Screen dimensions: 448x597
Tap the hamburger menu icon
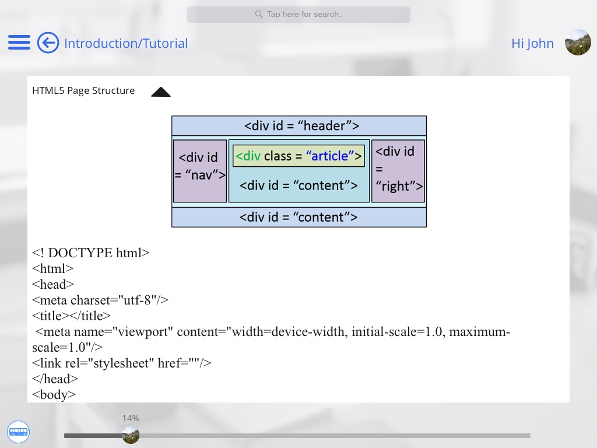click(x=19, y=43)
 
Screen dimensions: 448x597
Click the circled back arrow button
click(x=48, y=43)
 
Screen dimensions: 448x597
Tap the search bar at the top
click(x=298, y=14)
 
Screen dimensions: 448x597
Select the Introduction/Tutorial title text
click(x=126, y=43)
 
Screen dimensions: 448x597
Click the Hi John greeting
click(x=532, y=43)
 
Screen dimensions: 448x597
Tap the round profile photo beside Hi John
click(x=578, y=43)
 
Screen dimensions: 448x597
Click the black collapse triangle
click(x=161, y=92)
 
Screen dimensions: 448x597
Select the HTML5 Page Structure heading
click(x=83, y=90)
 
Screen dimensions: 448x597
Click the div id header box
click(x=299, y=125)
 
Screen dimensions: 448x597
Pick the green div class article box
click(x=299, y=156)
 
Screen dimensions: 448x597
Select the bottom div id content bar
click(x=299, y=217)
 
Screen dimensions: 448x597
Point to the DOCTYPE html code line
click(x=91, y=253)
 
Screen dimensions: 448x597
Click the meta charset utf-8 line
click(x=100, y=300)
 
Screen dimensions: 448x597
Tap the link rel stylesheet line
click(x=121, y=363)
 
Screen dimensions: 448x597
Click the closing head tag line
click(x=55, y=379)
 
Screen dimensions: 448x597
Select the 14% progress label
click(x=131, y=418)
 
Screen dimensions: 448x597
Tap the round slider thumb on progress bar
click(x=131, y=435)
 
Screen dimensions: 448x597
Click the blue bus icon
click(x=18, y=432)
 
